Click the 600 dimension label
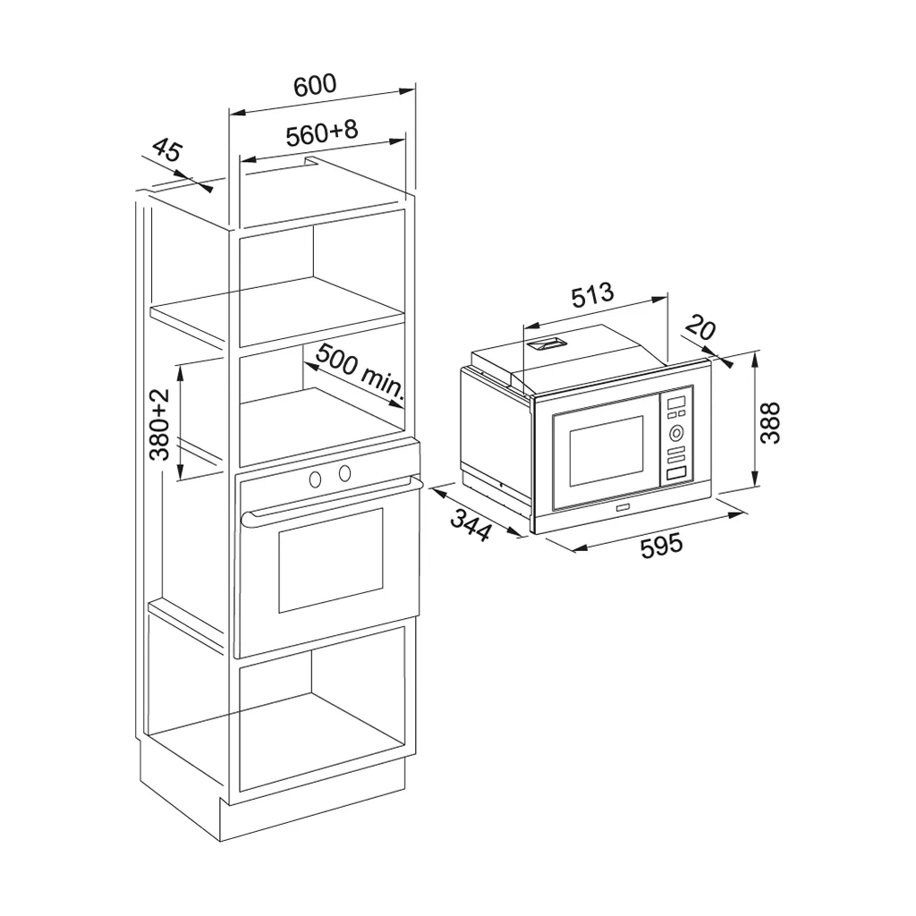pos(316,85)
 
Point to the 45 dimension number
pos(168,149)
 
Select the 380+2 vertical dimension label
pos(159,424)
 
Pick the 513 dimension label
pos(592,294)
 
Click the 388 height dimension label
pos(770,423)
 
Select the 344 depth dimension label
pos(471,525)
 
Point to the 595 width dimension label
pos(661,546)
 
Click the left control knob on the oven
pos(316,479)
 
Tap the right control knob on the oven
pos(344,473)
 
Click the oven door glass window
pos(331,560)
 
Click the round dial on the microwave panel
pos(676,433)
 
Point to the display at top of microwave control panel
pos(676,403)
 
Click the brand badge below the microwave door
pos(622,510)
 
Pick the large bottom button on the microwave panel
pos(676,473)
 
